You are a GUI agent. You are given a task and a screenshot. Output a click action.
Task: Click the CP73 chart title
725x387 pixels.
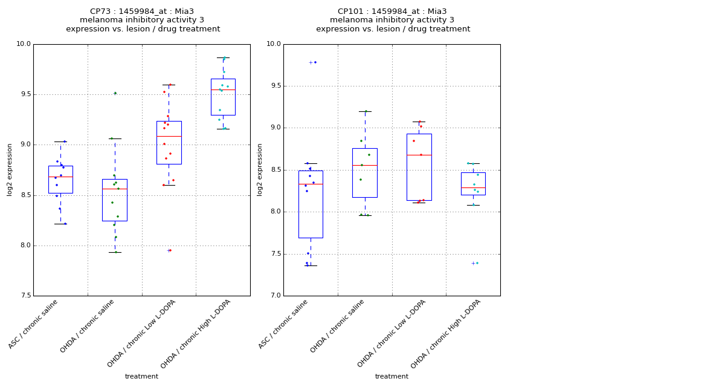tap(143, 20)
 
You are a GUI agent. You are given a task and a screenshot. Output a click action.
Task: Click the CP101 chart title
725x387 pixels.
tap(393, 20)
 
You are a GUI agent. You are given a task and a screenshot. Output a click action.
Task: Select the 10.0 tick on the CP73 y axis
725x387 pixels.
tap(24, 44)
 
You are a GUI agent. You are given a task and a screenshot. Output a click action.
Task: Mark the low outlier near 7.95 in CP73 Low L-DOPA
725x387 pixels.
tap(169, 250)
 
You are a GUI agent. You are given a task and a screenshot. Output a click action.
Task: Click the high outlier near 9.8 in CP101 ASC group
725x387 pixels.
tap(312, 62)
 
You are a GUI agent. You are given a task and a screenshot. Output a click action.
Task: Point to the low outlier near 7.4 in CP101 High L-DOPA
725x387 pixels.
tap(474, 263)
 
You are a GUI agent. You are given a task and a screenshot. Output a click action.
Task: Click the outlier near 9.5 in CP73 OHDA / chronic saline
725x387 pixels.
tap(115, 93)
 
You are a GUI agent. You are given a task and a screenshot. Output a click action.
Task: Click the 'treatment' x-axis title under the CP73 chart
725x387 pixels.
tap(141, 377)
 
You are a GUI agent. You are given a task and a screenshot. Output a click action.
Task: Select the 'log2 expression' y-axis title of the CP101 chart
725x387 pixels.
tap(260, 169)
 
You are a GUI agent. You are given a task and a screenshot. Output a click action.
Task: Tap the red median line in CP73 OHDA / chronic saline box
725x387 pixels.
tap(115, 189)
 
